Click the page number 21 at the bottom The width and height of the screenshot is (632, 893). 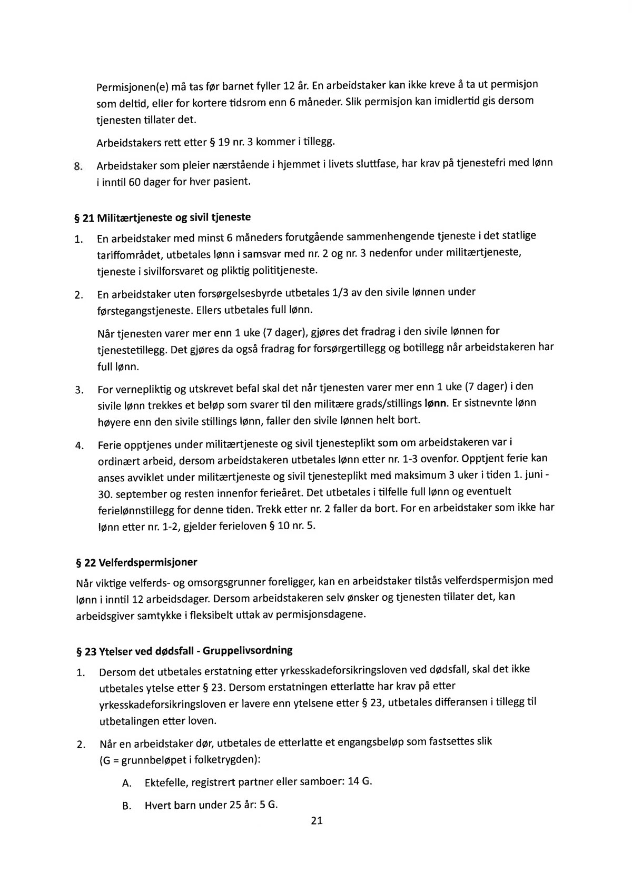click(317, 820)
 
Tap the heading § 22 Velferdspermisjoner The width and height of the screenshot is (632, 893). click(137, 562)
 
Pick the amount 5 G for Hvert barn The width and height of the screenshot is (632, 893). click(269, 805)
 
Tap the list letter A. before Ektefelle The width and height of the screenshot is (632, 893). click(126, 783)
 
